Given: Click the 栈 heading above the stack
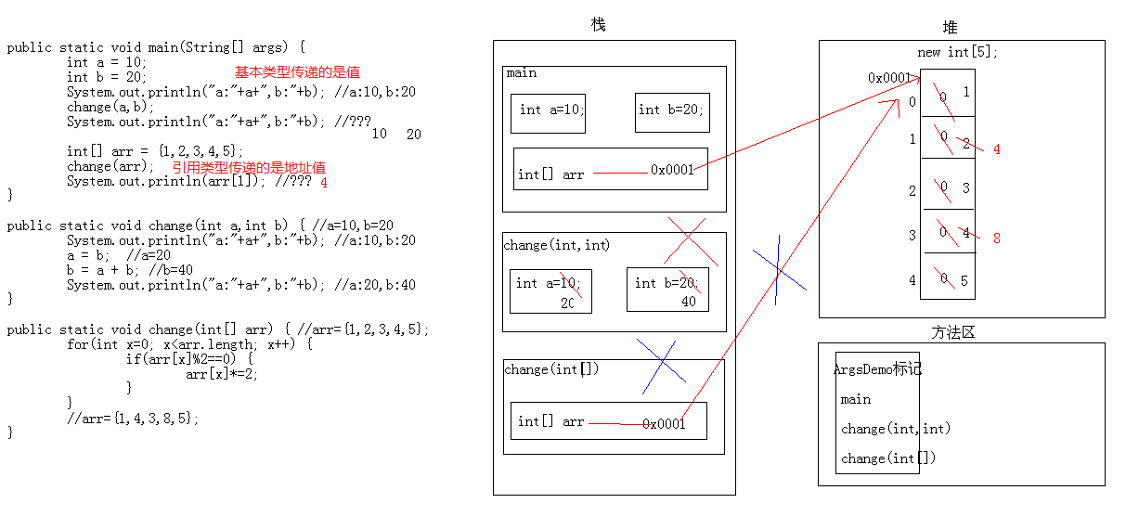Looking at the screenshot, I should (598, 25).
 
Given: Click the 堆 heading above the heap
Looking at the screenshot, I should (950, 28).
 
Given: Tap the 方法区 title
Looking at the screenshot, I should (953, 331).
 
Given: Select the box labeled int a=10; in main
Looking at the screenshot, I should (548, 112).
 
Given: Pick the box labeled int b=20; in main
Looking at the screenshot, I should (672, 111).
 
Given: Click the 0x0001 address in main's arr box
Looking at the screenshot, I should (672, 170).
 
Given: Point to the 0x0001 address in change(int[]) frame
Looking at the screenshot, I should (664, 423).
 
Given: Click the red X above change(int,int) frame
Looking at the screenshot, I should (690, 241).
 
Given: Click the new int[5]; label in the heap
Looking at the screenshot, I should (958, 53).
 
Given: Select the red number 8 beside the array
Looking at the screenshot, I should (996, 239).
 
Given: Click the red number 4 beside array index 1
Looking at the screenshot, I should (996, 149).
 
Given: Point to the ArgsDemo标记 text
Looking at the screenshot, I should (877, 369).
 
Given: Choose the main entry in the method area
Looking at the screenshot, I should (856, 399).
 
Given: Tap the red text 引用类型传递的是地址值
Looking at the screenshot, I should (249, 167).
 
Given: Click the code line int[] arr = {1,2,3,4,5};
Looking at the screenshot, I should (155, 151).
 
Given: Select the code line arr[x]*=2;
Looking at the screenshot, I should (222, 374).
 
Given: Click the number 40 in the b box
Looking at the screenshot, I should (689, 302).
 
